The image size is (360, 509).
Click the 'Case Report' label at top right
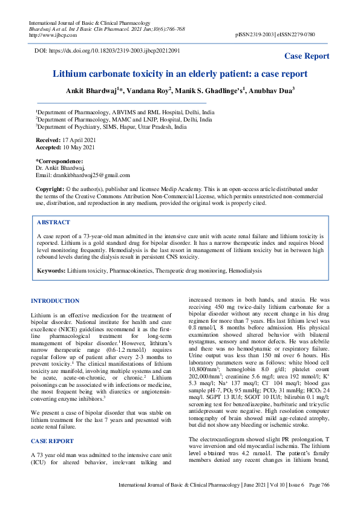pyautogui.click(x=307, y=56)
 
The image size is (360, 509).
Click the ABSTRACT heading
pyautogui.click(x=53, y=222)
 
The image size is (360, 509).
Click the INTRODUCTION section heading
pyautogui.click(x=54, y=300)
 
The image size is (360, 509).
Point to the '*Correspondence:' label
pyautogui.click(x=59, y=161)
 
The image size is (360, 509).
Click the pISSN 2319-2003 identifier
pyautogui.click(x=258, y=35)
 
